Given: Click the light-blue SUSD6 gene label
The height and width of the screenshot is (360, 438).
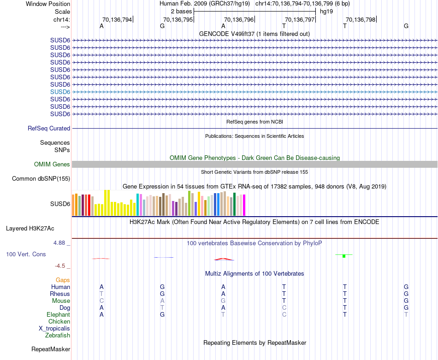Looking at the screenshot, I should (x=60, y=92).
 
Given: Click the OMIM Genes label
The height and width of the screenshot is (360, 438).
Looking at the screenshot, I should (x=52, y=165).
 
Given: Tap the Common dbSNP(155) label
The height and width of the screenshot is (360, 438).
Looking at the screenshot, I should (x=41, y=179).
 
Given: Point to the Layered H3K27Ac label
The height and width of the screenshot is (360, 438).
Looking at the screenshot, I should (x=30, y=228).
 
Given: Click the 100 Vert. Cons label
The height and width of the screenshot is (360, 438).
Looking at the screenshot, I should (x=26, y=254).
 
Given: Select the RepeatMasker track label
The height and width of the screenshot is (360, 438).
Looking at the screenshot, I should (x=51, y=349).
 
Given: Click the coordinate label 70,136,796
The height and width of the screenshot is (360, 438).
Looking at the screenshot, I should (x=239, y=19).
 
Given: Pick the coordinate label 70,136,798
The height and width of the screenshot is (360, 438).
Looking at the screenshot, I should (x=361, y=19).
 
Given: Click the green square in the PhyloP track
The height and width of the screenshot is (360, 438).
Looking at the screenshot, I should (x=344, y=256).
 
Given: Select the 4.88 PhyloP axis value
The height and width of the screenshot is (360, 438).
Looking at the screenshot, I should (x=61, y=243).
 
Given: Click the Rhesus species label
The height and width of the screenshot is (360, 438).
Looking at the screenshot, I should (x=60, y=294).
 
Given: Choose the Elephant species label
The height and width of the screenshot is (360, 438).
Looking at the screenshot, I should (x=58, y=315).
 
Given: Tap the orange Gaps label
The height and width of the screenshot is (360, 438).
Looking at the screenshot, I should (x=63, y=280).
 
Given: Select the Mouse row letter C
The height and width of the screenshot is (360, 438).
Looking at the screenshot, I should (x=101, y=301).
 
